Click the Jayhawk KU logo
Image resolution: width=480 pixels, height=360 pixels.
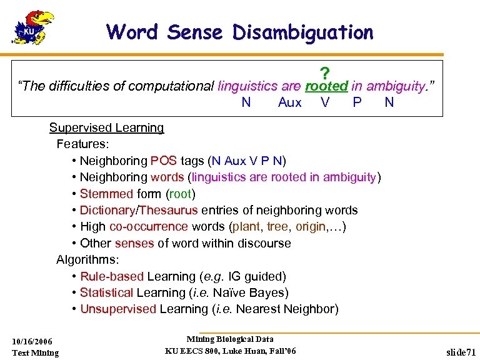click(x=33, y=27)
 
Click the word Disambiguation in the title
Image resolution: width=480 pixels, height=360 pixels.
click(x=303, y=32)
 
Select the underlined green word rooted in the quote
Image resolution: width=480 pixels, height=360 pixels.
click(x=326, y=86)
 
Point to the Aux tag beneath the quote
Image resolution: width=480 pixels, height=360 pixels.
click(x=289, y=102)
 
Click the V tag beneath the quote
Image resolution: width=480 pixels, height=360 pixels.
click(x=325, y=102)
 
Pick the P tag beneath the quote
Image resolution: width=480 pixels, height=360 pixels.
click(x=357, y=102)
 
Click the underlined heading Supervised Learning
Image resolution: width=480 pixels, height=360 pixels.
click(x=106, y=128)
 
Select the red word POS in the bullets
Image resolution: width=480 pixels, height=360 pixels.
click(x=164, y=161)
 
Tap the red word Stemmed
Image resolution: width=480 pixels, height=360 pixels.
click(x=106, y=194)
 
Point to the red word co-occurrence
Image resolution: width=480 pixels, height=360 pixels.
click(x=149, y=227)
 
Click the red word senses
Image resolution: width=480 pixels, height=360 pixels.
click(x=134, y=243)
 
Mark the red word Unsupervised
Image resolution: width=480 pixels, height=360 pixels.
click(x=118, y=309)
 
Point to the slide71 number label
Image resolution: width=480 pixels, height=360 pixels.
click(x=461, y=352)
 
